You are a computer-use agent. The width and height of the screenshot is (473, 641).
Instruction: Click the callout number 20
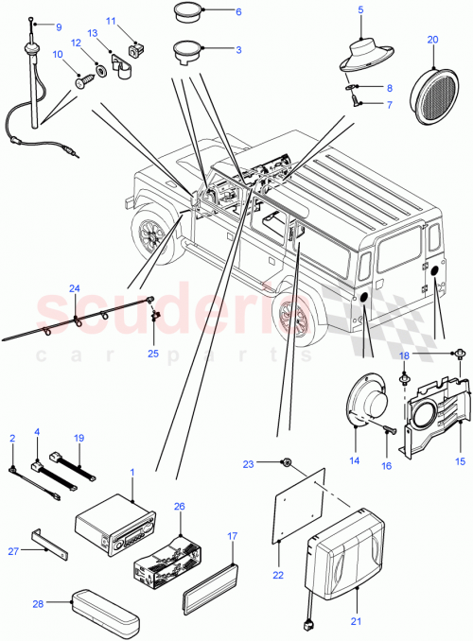(432, 40)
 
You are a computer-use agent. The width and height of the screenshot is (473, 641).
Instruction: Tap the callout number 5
(360, 10)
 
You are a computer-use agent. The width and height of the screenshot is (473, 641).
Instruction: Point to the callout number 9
(60, 26)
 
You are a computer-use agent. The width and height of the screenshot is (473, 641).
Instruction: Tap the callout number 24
(75, 288)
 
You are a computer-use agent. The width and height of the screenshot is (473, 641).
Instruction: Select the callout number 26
(180, 506)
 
